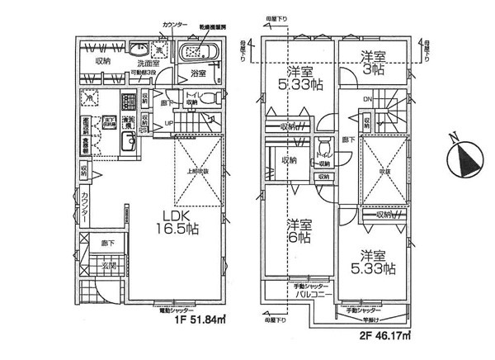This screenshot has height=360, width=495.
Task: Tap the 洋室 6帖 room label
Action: (299, 230)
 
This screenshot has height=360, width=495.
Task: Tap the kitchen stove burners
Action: (129, 104)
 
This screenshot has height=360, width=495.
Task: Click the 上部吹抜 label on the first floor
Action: (198, 171)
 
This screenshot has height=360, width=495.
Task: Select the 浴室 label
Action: (197, 73)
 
